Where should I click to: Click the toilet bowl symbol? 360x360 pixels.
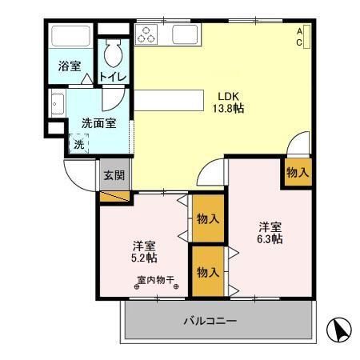(112, 53)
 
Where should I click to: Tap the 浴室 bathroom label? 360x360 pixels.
(69, 66)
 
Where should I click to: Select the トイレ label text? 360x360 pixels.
(111, 78)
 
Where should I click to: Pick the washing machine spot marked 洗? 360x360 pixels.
(78, 145)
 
